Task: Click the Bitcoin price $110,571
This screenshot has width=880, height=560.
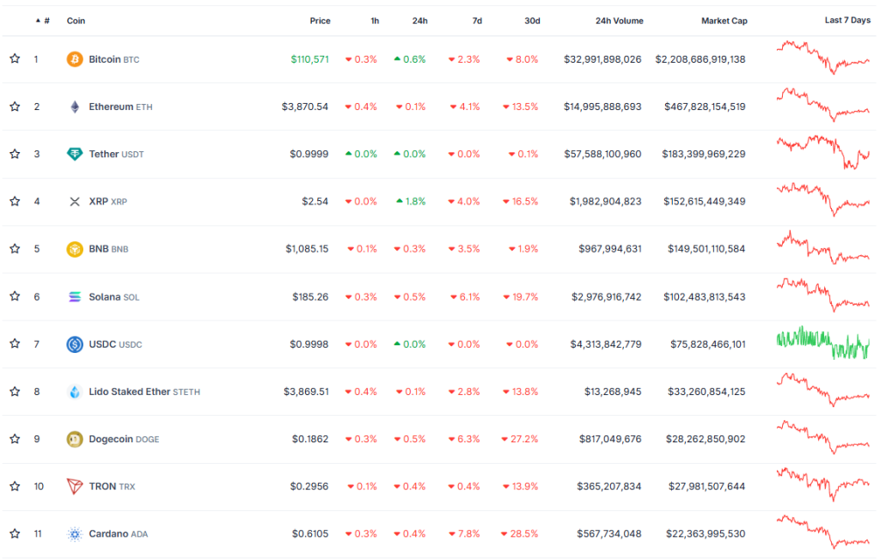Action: [309, 59]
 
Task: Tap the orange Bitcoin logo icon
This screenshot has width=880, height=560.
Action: [75, 59]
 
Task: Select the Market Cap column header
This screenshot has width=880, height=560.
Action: [724, 21]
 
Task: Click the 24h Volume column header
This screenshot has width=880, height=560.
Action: [619, 21]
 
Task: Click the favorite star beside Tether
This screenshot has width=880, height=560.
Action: [15, 154]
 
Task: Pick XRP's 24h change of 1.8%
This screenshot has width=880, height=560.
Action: [410, 201]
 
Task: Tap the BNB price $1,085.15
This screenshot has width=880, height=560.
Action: [307, 249]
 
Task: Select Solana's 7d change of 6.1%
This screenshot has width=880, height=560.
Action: [464, 296]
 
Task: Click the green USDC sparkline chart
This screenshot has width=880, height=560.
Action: [823, 343]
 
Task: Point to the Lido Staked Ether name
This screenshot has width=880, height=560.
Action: [129, 392]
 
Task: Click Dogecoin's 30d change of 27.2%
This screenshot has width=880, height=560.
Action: [522, 439]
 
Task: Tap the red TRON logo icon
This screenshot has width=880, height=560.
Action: [75, 486]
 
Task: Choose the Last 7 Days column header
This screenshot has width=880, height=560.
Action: [847, 21]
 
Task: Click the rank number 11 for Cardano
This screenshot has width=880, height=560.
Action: [39, 533]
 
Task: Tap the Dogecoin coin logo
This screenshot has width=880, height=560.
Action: [75, 439]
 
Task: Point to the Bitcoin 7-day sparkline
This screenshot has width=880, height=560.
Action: [823, 58]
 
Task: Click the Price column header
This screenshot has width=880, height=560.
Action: [320, 21]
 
